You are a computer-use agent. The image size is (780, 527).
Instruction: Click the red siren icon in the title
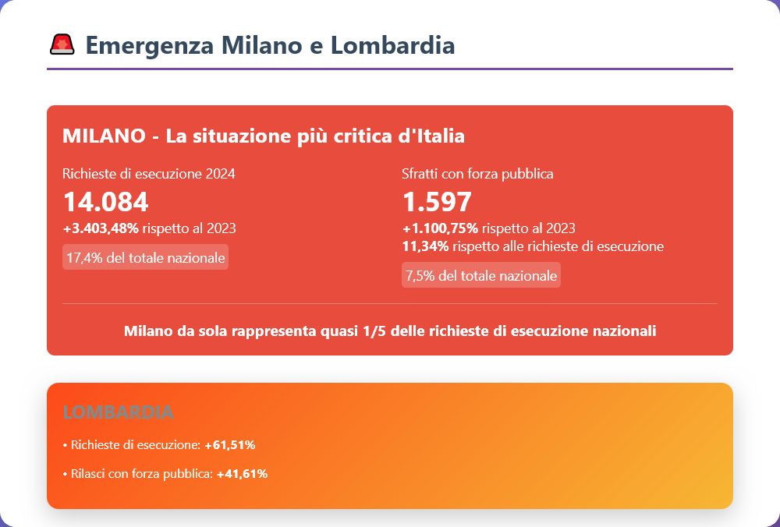[x=62, y=45]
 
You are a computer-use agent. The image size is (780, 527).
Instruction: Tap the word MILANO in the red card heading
[x=104, y=136]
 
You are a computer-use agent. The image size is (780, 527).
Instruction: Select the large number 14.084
[x=105, y=202]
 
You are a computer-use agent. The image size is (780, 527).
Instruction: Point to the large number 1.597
[x=437, y=202]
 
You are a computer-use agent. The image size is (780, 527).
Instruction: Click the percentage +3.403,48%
[x=101, y=228]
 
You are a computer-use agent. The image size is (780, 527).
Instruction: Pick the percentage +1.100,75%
[x=440, y=228]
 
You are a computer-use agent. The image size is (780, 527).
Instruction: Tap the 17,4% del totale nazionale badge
[x=145, y=257]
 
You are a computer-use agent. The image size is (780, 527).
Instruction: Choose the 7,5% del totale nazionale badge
[x=480, y=275]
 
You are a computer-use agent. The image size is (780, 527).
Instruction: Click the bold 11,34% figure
[x=425, y=246]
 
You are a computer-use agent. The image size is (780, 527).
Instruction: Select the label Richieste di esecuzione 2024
[x=148, y=174]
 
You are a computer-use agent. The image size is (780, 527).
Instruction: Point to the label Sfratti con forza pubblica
[x=477, y=174]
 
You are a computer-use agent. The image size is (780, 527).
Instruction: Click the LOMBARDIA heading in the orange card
[x=118, y=412]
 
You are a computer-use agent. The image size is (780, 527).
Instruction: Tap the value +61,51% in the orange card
[x=230, y=445]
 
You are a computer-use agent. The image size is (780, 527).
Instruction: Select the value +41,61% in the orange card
[x=242, y=473]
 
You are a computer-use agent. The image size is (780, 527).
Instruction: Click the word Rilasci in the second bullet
[x=88, y=473]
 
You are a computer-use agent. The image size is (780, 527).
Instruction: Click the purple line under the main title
[x=390, y=69]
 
